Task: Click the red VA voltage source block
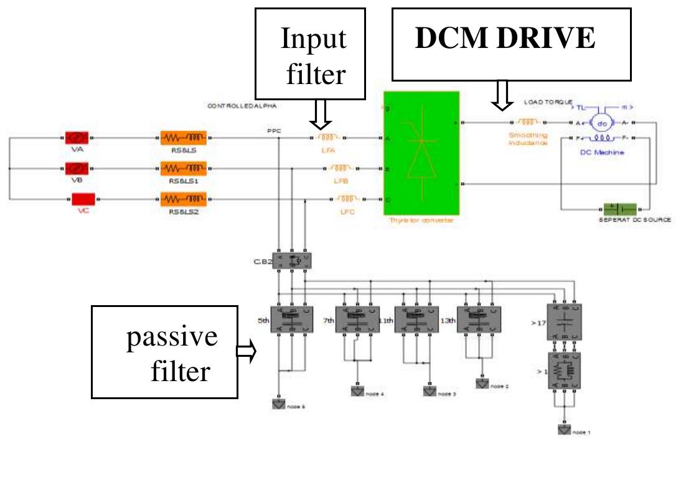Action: pos(78,137)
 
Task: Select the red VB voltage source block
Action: pos(78,168)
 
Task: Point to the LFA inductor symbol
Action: pos(327,137)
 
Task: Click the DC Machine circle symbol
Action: pos(601,123)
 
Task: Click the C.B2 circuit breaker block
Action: pos(293,261)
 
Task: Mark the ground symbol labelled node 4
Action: pos(358,392)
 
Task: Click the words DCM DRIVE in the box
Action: pos(505,39)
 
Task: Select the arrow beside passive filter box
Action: pos(247,352)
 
